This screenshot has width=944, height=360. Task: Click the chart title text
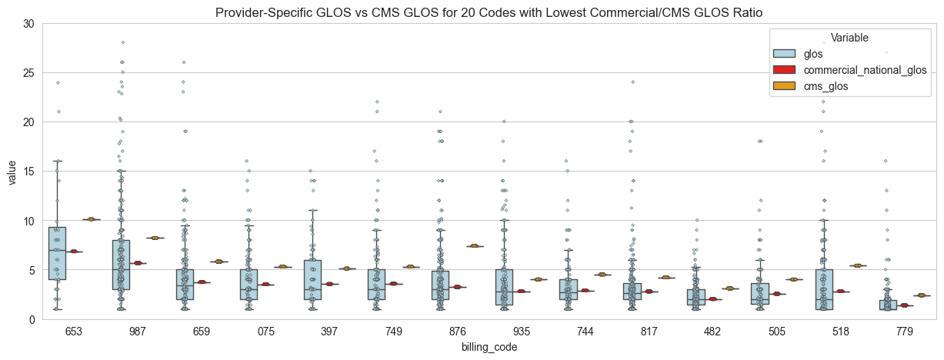[492, 12]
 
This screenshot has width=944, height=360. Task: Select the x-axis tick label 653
[75, 332]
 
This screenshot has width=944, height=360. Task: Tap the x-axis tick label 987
[138, 332]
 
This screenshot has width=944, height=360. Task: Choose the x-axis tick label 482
[713, 332]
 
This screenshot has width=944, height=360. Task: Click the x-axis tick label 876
[458, 332]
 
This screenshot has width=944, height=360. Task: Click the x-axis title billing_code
[489, 347]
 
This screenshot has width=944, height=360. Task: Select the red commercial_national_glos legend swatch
[783, 70]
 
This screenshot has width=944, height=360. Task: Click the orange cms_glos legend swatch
[783, 87]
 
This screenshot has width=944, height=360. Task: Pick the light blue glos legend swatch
[783, 53]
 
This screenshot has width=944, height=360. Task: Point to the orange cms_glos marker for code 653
[92, 219]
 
